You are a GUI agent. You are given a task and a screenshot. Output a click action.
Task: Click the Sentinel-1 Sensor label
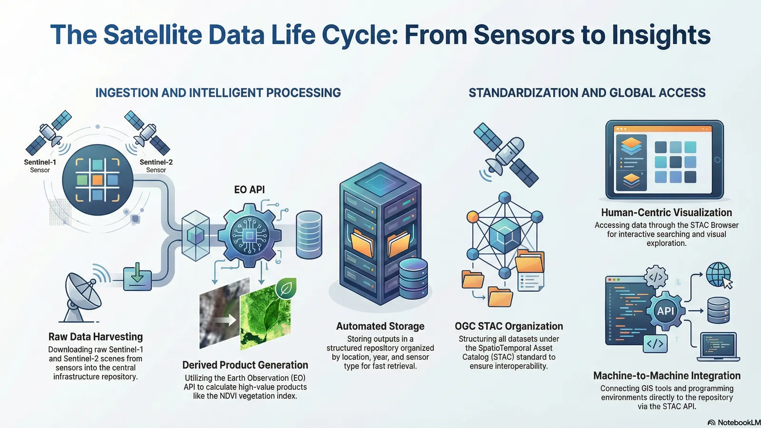pos(40,165)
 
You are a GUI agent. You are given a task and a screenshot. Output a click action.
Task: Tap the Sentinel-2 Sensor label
pos(156,165)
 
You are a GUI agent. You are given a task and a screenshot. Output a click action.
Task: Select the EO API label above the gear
pos(249,190)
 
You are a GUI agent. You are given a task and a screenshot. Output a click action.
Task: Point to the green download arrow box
pos(137,277)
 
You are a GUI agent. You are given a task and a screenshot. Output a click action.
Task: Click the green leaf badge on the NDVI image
pos(286,288)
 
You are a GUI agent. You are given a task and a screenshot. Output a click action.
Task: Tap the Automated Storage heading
pos(380,326)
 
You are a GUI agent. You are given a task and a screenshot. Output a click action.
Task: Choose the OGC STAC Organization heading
pos(508,326)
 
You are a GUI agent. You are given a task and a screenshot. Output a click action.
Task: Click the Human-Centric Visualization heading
pos(666,213)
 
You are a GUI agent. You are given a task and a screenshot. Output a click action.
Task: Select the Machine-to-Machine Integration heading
pos(666,376)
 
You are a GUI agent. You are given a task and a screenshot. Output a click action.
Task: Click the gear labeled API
pos(665,311)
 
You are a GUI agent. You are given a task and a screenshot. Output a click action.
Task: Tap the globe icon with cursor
pos(719,275)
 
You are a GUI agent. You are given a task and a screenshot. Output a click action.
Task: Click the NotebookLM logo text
pos(738,422)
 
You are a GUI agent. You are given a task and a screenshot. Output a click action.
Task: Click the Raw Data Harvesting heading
pos(96,337)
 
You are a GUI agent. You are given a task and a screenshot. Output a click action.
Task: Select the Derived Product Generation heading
pos(245,365)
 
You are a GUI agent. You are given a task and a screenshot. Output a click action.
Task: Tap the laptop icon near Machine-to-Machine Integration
pos(719,346)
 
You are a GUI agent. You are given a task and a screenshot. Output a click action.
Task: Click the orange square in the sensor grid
pos(98,180)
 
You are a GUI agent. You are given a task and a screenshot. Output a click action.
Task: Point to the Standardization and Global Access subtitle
pos(587,93)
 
